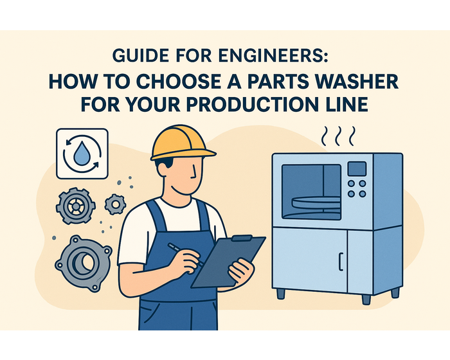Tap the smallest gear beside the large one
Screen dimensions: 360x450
point(114,205)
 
